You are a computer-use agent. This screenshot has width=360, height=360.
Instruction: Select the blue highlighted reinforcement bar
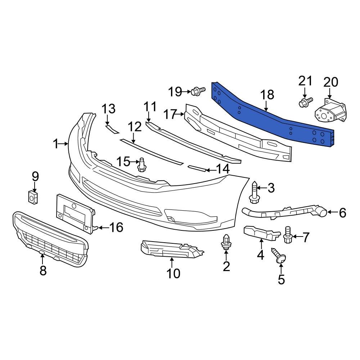coord(274,119)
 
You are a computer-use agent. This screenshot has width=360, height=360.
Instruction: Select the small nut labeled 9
coord(33,197)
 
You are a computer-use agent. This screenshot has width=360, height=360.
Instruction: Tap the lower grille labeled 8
coord(50,239)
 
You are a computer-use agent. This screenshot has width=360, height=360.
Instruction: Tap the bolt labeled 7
coord(288,235)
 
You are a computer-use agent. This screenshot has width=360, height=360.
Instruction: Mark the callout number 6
coord(342,213)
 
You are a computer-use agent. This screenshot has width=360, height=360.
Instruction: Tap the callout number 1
coord(55,144)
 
